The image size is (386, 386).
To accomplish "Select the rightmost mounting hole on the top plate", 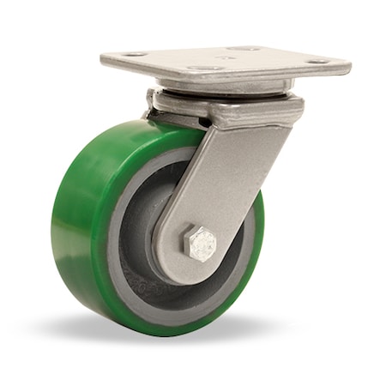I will click(318, 61).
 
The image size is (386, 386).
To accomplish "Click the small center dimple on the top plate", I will click(225, 58).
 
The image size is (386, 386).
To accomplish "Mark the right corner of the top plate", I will click(347, 64).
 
